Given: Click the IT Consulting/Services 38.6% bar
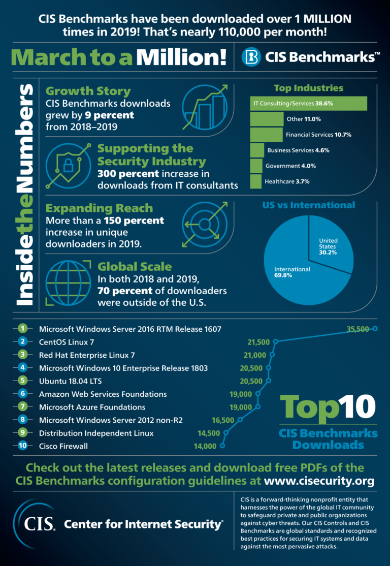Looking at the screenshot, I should [x=308, y=104].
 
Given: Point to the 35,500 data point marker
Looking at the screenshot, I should [x=375, y=329].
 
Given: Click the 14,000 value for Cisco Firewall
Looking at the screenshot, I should [x=205, y=446].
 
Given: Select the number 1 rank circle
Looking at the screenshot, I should [x=22, y=329].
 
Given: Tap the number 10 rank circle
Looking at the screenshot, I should [x=22, y=446].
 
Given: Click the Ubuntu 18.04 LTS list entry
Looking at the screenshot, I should [x=71, y=381].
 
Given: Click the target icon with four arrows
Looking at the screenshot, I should [x=204, y=224].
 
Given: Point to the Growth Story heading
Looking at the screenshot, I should [x=88, y=91].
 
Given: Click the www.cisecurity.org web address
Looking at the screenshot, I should [x=319, y=481].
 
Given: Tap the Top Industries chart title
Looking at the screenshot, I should [x=308, y=88].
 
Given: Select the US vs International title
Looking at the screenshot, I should [x=308, y=205].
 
